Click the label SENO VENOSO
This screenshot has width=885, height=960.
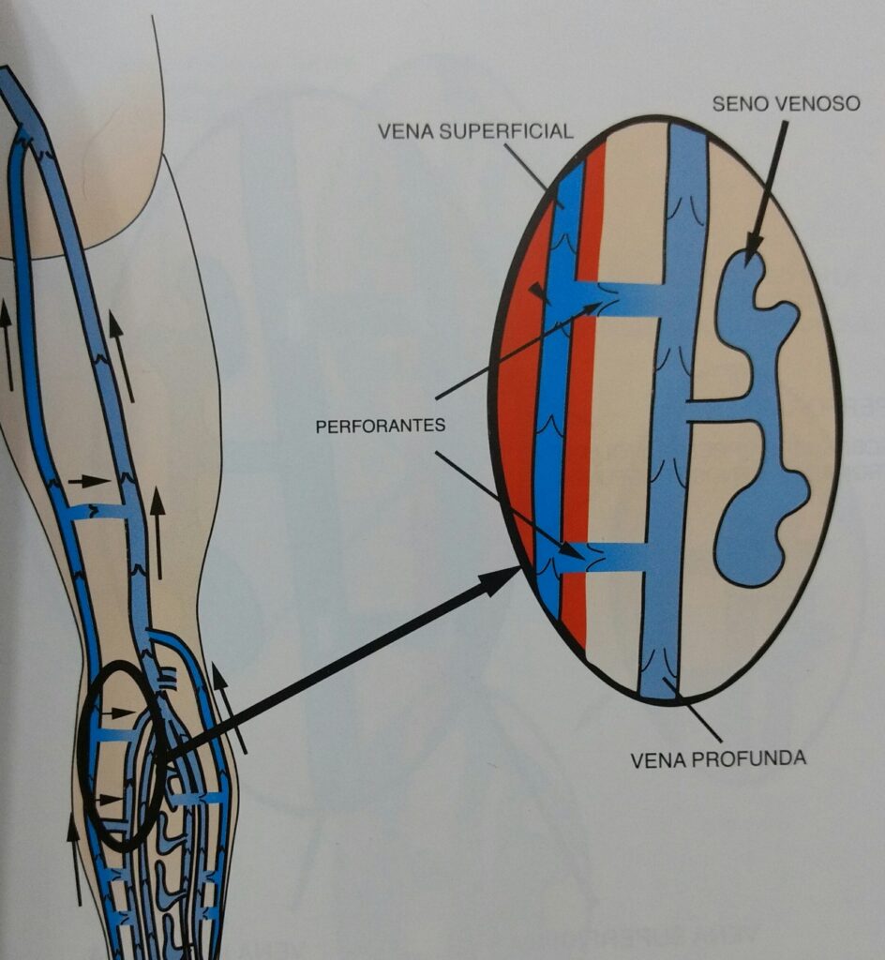[786, 103]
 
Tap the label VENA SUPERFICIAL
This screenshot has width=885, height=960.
[475, 131]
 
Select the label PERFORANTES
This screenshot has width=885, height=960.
[380, 425]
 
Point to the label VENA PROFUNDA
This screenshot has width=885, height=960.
[718, 757]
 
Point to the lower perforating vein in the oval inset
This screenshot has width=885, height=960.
[609, 557]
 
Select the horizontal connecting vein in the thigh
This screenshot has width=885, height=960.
[98, 511]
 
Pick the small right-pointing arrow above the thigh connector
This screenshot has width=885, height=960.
[89, 481]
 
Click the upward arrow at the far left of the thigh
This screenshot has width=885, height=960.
[7, 342]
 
